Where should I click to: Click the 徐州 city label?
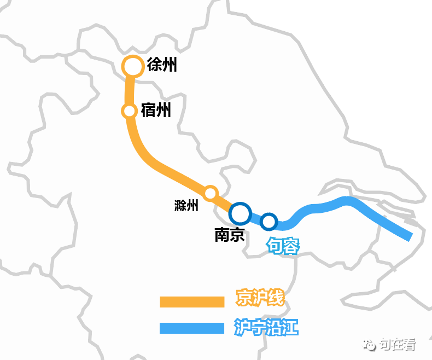[162, 66]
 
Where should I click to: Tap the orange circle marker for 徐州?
[132, 67]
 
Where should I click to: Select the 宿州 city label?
[156, 111]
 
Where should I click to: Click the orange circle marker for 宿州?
[130, 111]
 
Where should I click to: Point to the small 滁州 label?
[186, 206]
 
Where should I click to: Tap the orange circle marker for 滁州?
[211, 193]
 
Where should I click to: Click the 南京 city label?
[229, 235]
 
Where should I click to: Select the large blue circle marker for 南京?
[240, 213]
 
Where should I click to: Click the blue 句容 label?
[283, 247]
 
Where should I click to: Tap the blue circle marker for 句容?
[268, 222]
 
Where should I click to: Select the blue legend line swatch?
[192, 328]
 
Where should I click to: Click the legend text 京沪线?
[260, 299]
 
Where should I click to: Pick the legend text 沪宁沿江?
[266, 328]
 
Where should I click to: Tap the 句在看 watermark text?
[398, 345]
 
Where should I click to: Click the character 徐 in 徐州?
[155, 66]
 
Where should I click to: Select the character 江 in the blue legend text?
[290, 328]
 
